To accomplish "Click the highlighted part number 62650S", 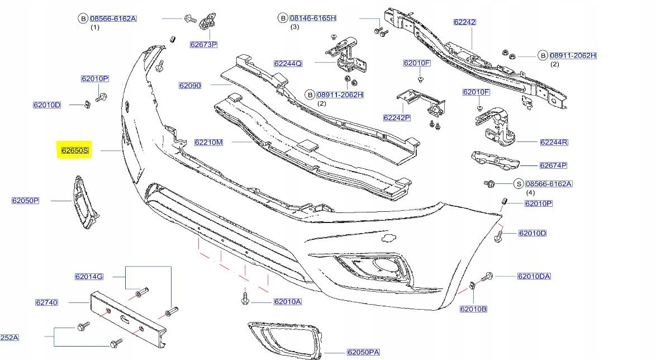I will coord(75,150).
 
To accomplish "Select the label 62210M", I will coord(208,143).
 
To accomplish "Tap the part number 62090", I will coord(190,86).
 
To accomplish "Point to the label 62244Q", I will coord(288,63).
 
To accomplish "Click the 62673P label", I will coord(203,44).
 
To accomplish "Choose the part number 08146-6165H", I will coord(313,18).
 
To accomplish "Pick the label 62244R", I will coord(554,143).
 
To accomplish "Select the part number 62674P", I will coord(553,165).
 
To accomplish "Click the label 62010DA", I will coord(534,276).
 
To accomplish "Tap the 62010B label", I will coord(473,309).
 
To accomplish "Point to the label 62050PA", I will coord(363,352).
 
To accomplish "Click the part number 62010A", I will coord(287,302).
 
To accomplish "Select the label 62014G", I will coord(89,276).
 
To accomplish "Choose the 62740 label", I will coord(46,302).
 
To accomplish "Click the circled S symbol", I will coord(518,183).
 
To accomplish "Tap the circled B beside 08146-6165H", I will coord(283,18).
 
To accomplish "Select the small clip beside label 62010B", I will coord(472,287).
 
